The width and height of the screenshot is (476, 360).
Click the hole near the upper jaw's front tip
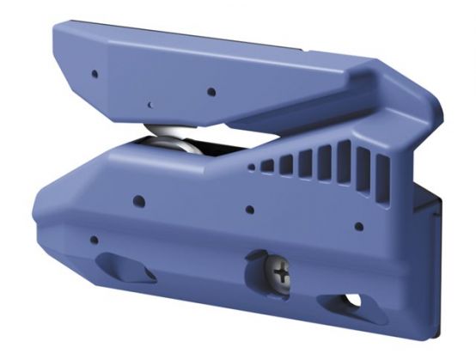pos(95,75)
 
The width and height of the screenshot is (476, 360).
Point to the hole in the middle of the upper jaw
pos(210,91)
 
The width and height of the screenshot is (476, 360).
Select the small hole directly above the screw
pos(249,210)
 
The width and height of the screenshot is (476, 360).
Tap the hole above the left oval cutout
pos(95,238)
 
